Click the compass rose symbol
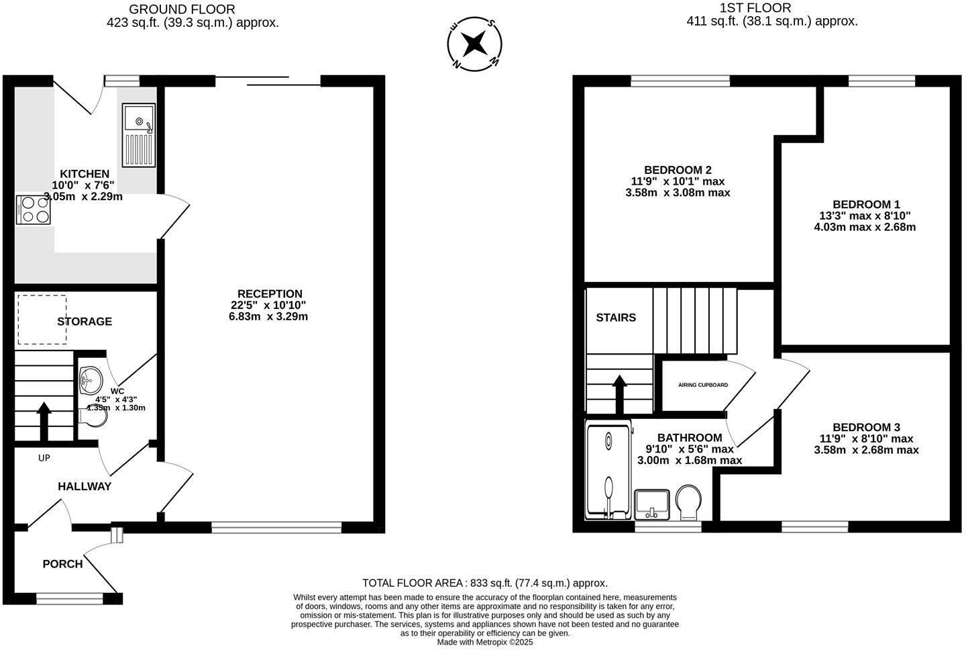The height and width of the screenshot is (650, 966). coord(474,44)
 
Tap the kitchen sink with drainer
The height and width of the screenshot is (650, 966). coord(139,135)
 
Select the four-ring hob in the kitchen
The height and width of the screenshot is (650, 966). coord(34,209)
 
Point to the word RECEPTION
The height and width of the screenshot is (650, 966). coord(270,294)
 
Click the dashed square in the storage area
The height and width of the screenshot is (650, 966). coord(42,320)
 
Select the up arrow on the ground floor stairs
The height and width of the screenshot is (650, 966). coord(44,420)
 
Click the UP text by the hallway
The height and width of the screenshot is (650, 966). coord(44,458)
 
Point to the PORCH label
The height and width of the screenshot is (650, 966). coord(62,564)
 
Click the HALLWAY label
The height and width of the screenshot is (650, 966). coord(85,486)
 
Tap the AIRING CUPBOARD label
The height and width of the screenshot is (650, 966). coord(703,385)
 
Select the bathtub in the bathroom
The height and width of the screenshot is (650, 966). coord(608,470)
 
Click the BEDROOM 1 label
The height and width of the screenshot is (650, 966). coord(866,204)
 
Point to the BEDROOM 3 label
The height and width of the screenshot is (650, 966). coord(866,427)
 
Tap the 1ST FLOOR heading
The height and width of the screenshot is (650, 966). coord(755,8)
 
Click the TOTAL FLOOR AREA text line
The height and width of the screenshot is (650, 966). coord(484,583)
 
